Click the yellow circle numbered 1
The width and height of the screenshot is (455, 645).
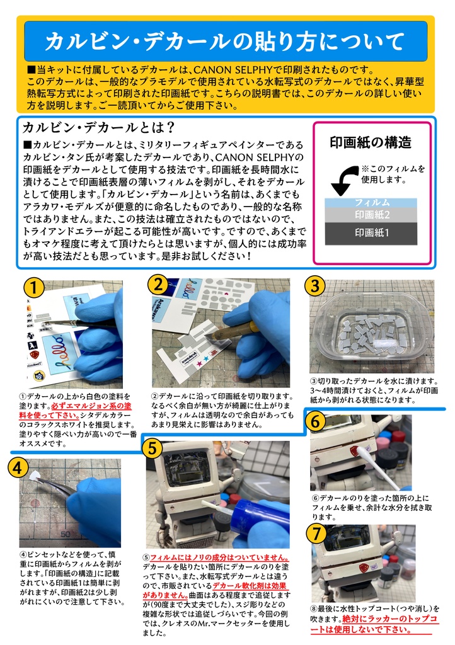click(x=34, y=288)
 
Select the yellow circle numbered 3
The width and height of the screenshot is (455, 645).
click(x=315, y=286)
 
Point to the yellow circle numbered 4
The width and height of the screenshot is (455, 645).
click(x=18, y=468)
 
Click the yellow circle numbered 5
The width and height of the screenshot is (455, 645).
click(x=153, y=448)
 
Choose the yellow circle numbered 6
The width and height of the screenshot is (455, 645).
click(x=316, y=421)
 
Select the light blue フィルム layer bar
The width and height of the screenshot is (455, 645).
click(x=371, y=202)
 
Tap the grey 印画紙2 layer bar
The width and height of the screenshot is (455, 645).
click(x=371, y=215)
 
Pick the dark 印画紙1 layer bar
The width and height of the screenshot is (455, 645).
click(x=371, y=234)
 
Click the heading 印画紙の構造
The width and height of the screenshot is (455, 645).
click(x=371, y=142)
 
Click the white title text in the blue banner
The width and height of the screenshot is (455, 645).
click(x=225, y=42)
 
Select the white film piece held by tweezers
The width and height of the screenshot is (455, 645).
click(x=35, y=476)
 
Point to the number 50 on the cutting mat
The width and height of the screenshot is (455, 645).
click(x=66, y=534)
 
